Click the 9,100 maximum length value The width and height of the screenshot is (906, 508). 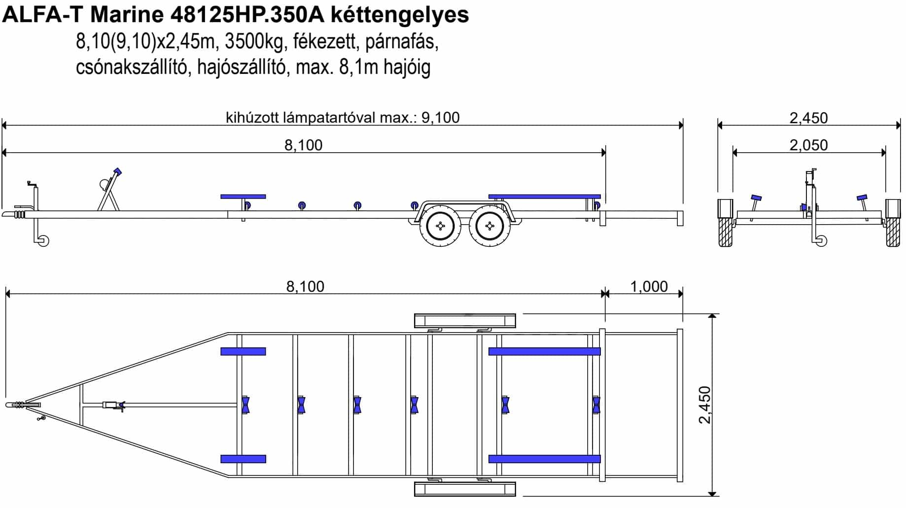click(440, 118)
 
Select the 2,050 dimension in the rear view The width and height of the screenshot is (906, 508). click(809, 145)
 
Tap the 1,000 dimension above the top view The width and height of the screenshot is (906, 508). click(649, 287)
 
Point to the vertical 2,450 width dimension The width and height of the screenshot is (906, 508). click(705, 405)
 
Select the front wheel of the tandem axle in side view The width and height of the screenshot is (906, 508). click(441, 226)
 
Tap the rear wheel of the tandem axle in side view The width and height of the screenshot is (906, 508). click(489, 226)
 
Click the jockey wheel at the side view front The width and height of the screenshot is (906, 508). click(43, 241)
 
